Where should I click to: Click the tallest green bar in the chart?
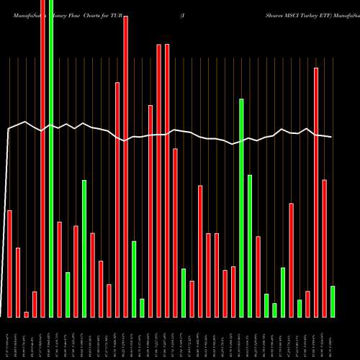click(x=51, y=158)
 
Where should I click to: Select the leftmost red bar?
click(x=10, y=264)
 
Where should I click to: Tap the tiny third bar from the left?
click(x=27, y=314)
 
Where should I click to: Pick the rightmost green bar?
click(x=332, y=302)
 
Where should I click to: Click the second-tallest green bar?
click(x=241, y=208)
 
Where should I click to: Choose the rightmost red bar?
click(x=324, y=248)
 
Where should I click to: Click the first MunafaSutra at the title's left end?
click(x=17, y=4)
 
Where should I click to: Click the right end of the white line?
click(x=332, y=137)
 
